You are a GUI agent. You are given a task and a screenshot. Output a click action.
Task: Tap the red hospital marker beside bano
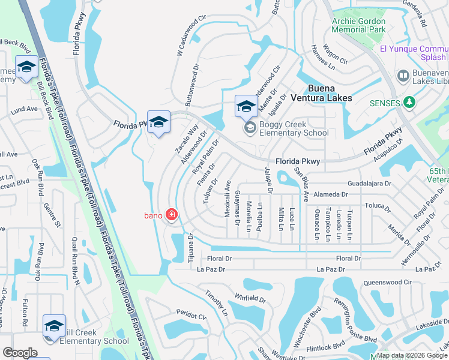click(x=172, y=215)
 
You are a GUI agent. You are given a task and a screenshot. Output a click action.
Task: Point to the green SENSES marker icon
click(x=410, y=103)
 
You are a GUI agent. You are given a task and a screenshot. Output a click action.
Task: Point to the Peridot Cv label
click(x=191, y=313)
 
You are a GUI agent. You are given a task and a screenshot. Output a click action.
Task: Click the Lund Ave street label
click(x=24, y=109)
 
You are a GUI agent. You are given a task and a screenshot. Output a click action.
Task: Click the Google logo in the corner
click(x=20, y=353)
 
